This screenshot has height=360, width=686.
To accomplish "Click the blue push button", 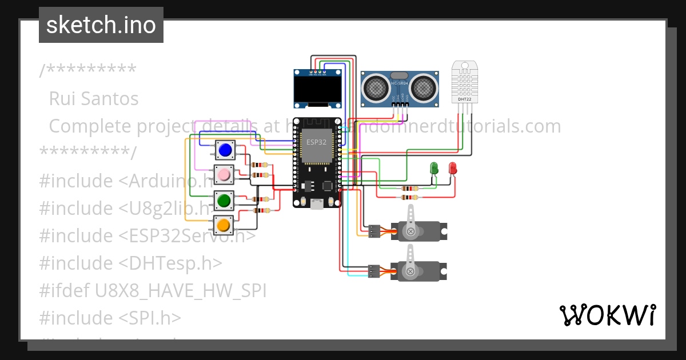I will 225,150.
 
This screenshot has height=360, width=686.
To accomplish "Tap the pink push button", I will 224,174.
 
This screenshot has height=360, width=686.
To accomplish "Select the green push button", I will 224,201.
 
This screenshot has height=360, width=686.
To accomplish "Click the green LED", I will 434,168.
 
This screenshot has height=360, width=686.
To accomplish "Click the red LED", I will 453,168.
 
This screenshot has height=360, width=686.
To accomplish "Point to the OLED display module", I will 318,89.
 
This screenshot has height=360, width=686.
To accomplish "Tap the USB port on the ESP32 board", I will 316,203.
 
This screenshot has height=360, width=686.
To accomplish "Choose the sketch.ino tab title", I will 101,25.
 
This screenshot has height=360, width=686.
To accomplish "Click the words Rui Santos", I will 94,98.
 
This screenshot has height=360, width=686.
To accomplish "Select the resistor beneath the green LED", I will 409,188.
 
